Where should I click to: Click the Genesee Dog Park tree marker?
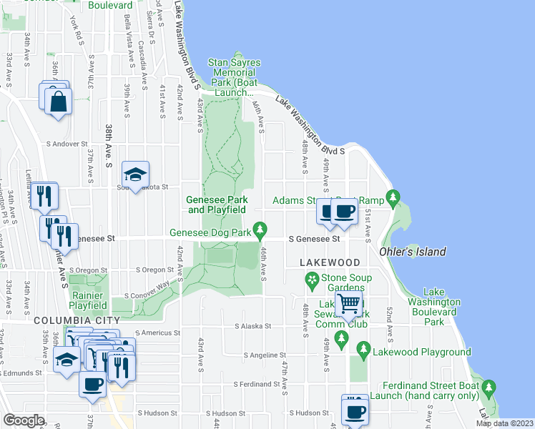[x=261, y=231]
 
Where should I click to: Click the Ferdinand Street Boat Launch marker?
[x=489, y=389]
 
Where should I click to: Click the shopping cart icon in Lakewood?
[x=349, y=304]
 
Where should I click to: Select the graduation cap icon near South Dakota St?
[x=134, y=174]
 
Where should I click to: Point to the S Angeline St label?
[x=264, y=355]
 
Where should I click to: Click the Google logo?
[x=24, y=420]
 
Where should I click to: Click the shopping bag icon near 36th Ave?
[x=59, y=102]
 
